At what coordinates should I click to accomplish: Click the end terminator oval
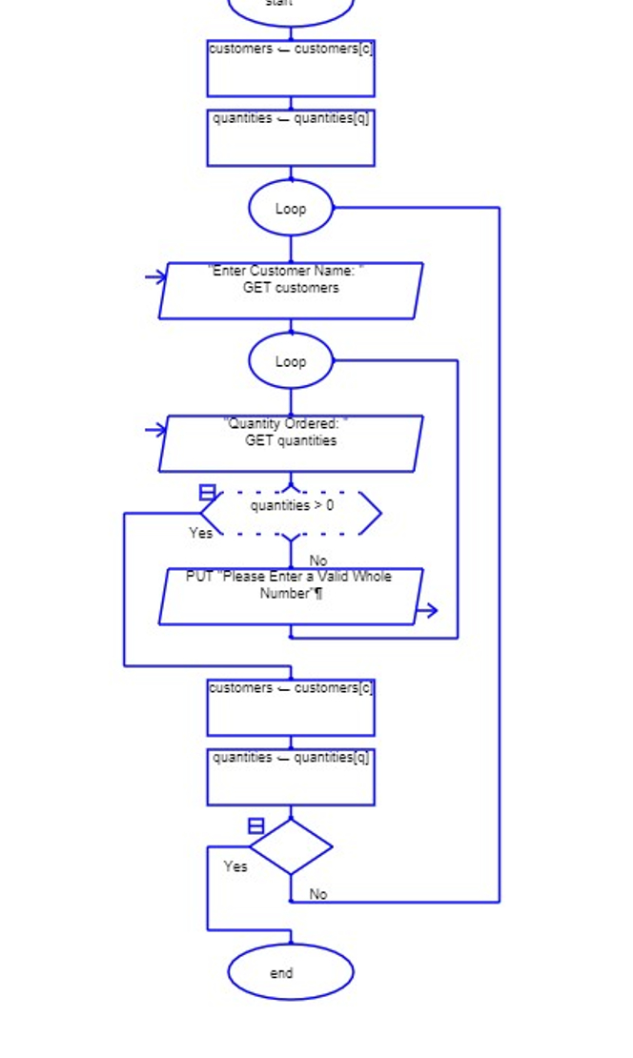coord(291,972)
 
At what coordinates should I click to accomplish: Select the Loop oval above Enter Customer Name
coord(291,208)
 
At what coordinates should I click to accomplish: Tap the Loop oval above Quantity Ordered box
coord(291,361)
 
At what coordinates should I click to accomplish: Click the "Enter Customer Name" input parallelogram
coord(291,291)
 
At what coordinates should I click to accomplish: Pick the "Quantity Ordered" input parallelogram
coord(291,443)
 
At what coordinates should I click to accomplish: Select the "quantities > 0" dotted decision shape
coord(291,514)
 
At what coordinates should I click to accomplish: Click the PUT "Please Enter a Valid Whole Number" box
coord(291,597)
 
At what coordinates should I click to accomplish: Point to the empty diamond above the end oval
coord(291,846)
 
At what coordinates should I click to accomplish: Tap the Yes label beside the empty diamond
coord(235,866)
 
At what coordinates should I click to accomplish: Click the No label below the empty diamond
coord(318,894)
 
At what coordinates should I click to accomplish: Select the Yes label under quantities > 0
coord(201,534)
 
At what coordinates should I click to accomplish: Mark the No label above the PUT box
coord(318,560)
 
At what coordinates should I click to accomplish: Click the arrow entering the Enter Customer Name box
coord(156,277)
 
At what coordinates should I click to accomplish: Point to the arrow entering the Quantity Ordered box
coord(156,430)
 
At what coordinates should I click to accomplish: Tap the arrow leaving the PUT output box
coord(427,610)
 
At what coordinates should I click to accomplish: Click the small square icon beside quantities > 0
coord(207,492)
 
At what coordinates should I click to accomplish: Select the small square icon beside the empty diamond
coord(256,825)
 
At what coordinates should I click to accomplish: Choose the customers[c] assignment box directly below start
coord(291,68)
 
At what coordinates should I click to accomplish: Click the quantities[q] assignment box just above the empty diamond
coord(291,777)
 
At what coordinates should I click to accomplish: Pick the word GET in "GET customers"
coord(256,288)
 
